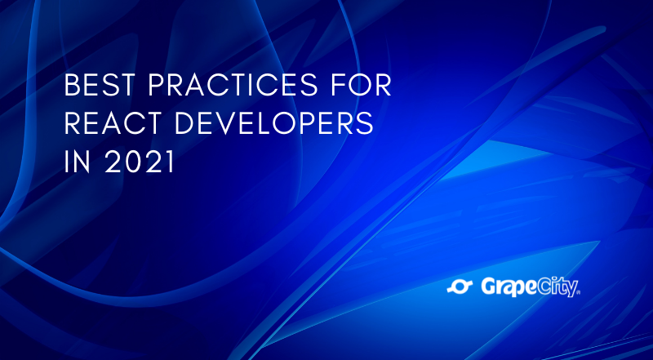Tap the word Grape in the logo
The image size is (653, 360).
[507, 287]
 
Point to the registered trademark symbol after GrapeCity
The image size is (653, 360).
[578, 291]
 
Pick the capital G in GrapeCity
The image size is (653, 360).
[488, 286]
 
